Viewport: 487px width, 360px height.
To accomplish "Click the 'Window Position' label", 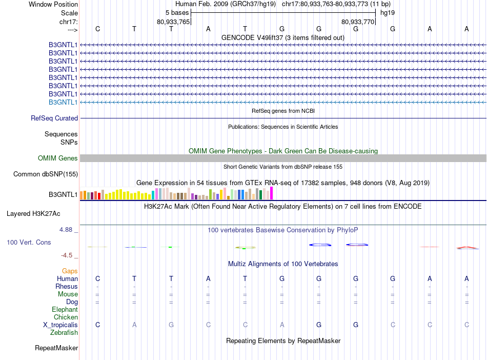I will point(53,4).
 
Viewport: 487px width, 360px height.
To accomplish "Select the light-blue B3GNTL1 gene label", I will point(63,102).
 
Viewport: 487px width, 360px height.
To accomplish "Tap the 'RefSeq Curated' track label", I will point(54,118).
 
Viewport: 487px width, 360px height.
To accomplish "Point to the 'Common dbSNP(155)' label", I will point(46,174).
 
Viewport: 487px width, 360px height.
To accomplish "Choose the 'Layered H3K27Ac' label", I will point(33,213).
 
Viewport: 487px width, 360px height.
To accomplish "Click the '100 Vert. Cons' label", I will point(29,242).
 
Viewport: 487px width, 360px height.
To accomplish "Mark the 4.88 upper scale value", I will point(66,230).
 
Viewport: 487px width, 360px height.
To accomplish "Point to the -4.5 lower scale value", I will point(67,255).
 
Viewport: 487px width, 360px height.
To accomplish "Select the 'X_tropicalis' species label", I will point(60,325).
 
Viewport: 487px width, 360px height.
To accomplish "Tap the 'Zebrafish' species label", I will point(64,333).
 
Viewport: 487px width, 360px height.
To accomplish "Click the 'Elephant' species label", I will point(65,310).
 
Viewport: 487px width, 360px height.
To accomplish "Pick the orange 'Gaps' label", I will point(70,271).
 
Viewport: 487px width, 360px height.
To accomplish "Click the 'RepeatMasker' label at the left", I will point(56,348).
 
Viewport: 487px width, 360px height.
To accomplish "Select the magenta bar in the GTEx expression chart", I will point(271,193).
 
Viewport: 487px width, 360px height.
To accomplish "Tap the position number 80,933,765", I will point(173,22).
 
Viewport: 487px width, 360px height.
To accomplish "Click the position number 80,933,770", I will point(358,22).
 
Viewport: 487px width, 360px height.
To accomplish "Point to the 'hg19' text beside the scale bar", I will point(388,12).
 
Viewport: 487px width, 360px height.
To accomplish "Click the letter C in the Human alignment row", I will point(97,278).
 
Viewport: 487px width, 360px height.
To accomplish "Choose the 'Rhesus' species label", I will point(67,286).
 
